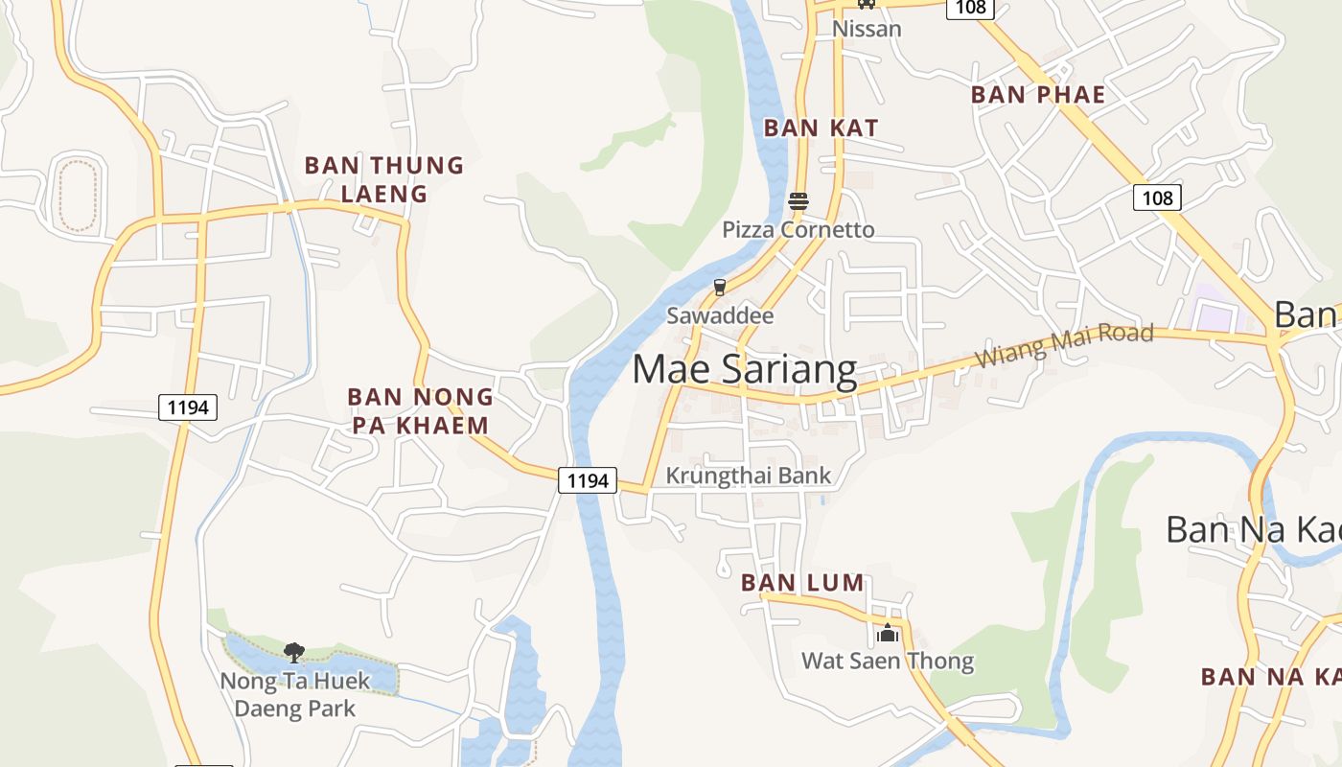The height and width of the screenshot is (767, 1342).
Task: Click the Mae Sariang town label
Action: coord(745,370)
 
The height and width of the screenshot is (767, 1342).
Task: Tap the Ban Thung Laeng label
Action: coord(383,179)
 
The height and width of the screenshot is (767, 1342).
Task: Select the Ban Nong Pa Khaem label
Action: coord(420,410)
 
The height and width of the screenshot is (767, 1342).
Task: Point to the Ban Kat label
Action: coord(821,128)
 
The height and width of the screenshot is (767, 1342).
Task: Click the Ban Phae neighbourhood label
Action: coord(1038,95)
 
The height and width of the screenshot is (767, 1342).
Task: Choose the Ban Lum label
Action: coord(802,583)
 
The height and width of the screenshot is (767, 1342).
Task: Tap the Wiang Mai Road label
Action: coord(1064,345)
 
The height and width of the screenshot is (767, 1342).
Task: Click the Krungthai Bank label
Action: coord(749,476)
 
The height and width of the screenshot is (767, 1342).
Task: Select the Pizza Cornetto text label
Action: coord(798,230)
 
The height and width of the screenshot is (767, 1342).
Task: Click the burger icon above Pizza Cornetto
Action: coord(798,201)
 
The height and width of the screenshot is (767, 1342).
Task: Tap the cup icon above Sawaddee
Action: coord(720,287)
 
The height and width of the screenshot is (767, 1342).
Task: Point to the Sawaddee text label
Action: coord(720,315)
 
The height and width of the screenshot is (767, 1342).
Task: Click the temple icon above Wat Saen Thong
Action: coord(888,633)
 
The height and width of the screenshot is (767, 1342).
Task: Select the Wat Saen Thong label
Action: coord(888,661)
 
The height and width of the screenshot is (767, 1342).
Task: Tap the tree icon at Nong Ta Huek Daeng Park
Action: coord(294,653)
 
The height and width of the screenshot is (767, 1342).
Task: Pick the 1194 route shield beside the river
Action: coord(588,480)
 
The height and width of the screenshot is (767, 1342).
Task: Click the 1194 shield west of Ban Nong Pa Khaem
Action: coord(187,407)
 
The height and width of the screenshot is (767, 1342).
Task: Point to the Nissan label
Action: coord(867,29)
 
